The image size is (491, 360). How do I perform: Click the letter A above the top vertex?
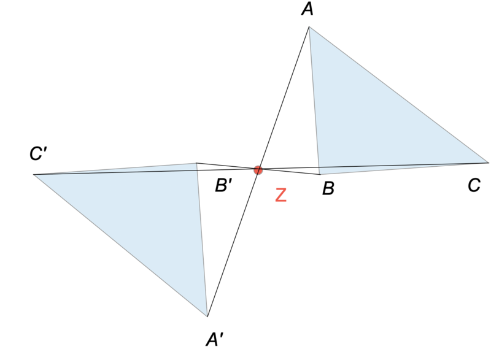[x=307, y=9]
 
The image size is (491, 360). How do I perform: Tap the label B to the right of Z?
[x=328, y=188]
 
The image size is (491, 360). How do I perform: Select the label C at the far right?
[x=474, y=185]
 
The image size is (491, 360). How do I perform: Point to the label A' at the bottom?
[x=214, y=339]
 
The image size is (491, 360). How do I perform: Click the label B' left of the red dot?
[x=223, y=185]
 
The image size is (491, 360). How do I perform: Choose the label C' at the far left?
[x=38, y=153]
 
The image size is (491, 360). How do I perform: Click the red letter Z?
[x=281, y=195]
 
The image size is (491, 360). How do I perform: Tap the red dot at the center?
[x=258, y=170]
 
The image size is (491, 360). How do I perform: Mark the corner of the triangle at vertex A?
[x=309, y=27]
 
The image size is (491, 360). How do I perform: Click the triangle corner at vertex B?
[x=320, y=174]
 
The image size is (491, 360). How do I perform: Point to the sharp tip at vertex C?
[x=488, y=163]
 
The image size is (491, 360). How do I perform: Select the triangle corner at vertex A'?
[x=207, y=316]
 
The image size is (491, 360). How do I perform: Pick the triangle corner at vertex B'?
[x=196, y=163]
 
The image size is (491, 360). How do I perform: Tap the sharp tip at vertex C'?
[x=34, y=175]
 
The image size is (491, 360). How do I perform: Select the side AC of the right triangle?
[x=398, y=95]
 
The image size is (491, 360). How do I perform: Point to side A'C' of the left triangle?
[x=120, y=245]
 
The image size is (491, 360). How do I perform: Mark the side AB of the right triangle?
[x=314, y=101]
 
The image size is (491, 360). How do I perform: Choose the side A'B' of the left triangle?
[x=202, y=240]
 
